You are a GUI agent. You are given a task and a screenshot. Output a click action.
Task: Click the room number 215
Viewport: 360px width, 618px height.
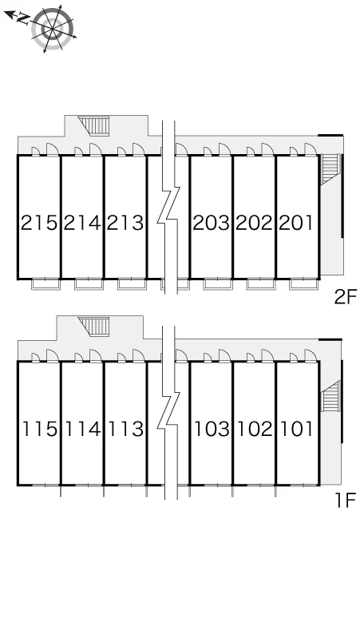[39, 223]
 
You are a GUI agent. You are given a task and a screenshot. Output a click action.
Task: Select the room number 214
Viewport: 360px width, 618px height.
[82, 223]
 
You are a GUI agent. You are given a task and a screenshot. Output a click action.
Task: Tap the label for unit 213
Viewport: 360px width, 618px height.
[125, 223]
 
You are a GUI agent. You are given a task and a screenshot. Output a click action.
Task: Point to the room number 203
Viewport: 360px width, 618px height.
[211, 223]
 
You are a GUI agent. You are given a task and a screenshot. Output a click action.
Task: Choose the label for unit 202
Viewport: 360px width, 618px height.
[255, 223]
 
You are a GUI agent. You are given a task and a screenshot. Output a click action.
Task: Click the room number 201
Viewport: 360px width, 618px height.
[297, 223]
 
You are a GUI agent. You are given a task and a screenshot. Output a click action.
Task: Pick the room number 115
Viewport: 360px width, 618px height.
[40, 429]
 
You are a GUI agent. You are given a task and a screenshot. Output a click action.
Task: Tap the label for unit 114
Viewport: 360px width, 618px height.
[83, 429]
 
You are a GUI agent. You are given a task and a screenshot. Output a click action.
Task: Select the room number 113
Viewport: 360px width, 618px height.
[126, 429]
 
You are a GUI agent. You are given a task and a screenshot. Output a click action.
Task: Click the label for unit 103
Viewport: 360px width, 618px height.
[212, 429]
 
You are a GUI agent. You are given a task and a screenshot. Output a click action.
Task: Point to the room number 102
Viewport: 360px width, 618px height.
[255, 429]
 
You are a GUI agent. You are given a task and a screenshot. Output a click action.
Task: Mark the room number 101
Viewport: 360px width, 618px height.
[297, 429]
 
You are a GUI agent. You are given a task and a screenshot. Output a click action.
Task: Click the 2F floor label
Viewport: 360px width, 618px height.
[345, 297]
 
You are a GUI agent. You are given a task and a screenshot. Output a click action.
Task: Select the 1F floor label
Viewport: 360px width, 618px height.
[346, 501]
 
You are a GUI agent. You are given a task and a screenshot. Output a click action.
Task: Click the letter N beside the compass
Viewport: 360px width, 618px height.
[24, 18]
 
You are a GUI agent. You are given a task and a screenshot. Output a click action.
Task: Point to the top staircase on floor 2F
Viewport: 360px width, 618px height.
[94, 125]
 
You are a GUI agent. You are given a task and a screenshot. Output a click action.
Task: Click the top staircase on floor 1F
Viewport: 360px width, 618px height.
[94, 327]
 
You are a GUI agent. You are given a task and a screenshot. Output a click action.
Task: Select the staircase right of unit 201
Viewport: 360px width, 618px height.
[330, 169]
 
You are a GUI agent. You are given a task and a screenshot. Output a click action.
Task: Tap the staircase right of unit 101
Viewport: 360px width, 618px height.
[330, 396]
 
